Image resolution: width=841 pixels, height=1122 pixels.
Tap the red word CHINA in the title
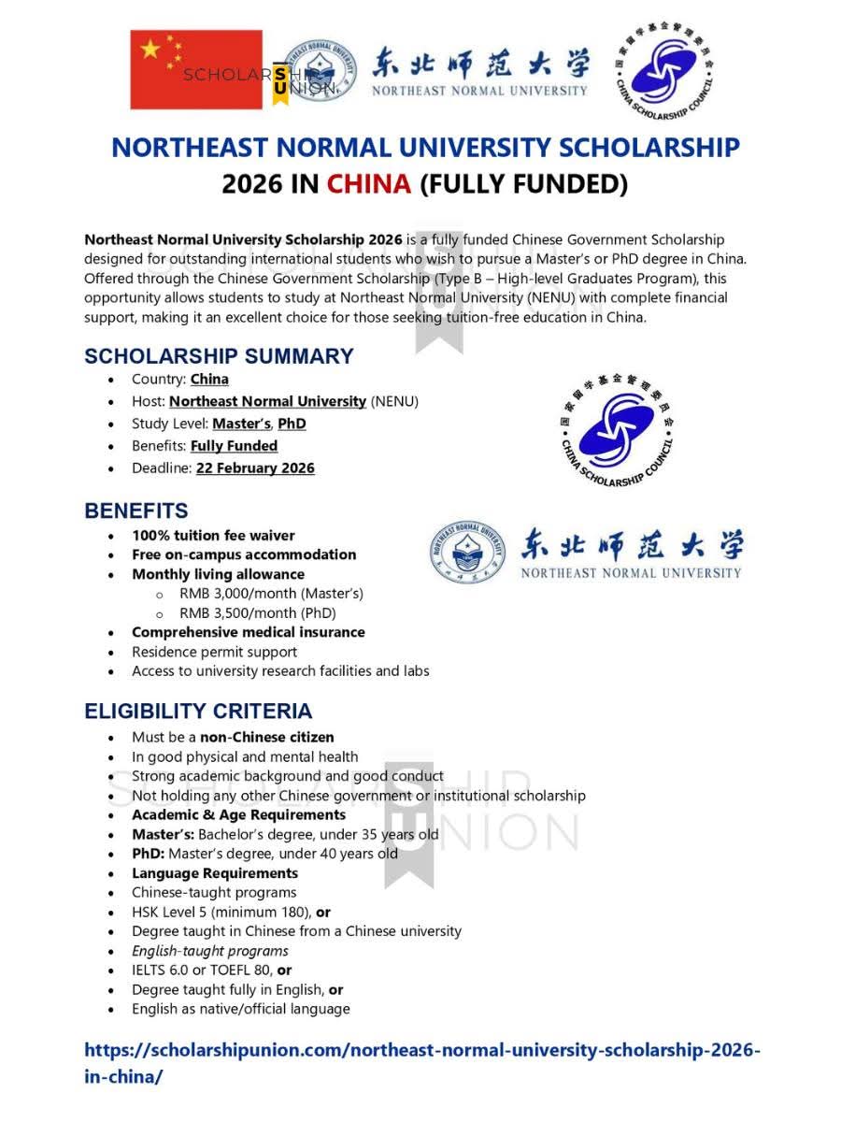coord(368,183)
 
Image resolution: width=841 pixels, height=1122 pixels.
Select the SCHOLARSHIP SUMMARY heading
coord(219,356)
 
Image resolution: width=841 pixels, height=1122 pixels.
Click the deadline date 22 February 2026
coord(255,468)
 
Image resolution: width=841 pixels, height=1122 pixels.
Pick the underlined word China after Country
coord(209,379)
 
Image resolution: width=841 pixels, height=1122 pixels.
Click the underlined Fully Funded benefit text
coord(234,446)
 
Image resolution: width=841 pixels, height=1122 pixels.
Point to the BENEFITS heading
coord(136,511)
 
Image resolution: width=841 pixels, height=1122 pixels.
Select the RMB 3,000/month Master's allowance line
coord(271,594)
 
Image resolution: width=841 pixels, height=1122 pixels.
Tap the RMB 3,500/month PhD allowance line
coord(257,613)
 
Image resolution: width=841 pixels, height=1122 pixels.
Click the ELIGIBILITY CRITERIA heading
coord(198,711)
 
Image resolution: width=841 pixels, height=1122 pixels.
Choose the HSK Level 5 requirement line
coord(231,912)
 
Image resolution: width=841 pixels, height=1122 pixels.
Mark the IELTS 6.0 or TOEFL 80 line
coord(212,971)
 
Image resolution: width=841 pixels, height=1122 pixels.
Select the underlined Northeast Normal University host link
coord(267,401)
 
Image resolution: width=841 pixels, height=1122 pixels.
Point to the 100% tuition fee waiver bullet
coord(213,536)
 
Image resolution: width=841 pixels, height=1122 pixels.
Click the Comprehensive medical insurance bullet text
coord(248,633)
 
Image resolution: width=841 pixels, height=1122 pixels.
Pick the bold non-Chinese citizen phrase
coord(266,737)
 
